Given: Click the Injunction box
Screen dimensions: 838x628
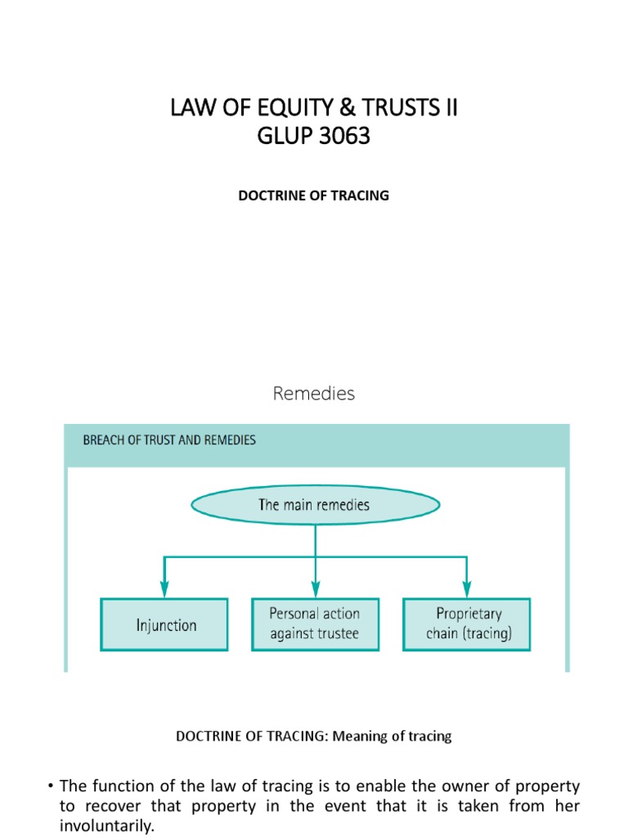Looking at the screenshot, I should pyautogui.click(x=164, y=624).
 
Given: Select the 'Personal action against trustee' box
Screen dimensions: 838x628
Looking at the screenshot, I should pyautogui.click(x=315, y=624).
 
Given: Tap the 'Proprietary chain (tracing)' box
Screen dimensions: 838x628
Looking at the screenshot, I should pyautogui.click(x=468, y=624).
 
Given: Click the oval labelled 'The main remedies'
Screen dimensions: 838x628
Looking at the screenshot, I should pyautogui.click(x=315, y=504).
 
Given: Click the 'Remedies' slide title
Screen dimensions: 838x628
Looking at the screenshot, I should pyautogui.click(x=314, y=394).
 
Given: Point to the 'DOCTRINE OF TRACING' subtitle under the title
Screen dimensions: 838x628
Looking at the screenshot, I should pyautogui.click(x=314, y=196).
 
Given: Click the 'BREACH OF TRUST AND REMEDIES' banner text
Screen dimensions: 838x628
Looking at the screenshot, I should pyautogui.click(x=169, y=440).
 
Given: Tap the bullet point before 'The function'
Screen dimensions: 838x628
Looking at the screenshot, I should pyautogui.click(x=50, y=786).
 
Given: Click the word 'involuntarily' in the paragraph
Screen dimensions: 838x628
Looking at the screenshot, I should pyautogui.click(x=106, y=826).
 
